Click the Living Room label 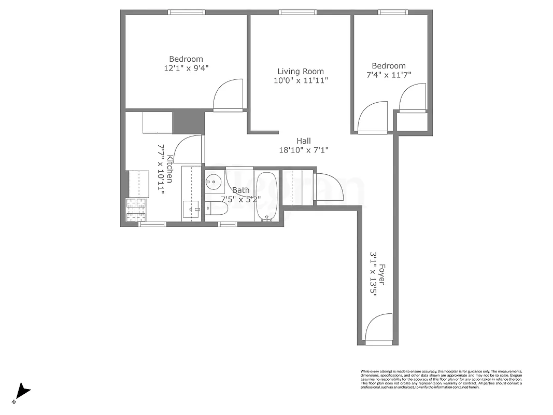pyautogui.click(x=301, y=72)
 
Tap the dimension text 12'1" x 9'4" pyautogui.click(x=186, y=67)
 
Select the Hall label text pyautogui.click(x=304, y=141)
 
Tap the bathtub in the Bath pyautogui.click(x=267, y=197)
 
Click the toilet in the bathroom pyautogui.click(x=217, y=208)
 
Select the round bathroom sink pyautogui.click(x=212, y=182)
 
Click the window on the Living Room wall pyautogui.click(x=297, y=12)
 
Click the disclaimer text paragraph pyautogui.click(x=441, y=379)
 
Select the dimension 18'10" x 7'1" pyautogui.click(x=304, y=150)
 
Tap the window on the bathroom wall pyautogui.click(x=227, y=224)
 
